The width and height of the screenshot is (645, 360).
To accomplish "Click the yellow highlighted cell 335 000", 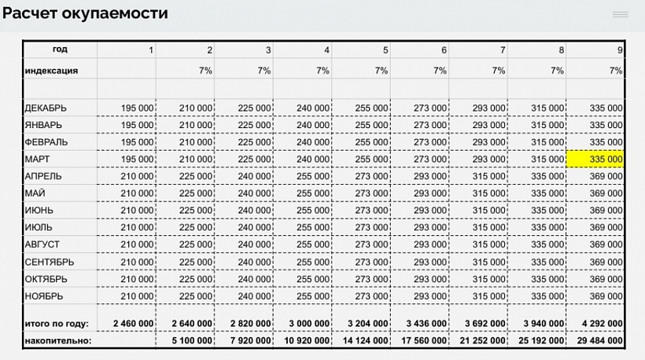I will [x=596, y=159].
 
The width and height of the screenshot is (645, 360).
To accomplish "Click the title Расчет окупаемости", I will [x=85, y=13].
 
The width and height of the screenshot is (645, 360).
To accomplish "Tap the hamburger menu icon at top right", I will [x=620, y=14].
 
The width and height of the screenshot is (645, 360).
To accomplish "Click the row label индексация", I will [x=51, y=70].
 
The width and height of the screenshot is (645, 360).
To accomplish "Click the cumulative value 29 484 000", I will [x=595, y=341].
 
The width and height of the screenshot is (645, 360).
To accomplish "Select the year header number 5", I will [x=385, y=50].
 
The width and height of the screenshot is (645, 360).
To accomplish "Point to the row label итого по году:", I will [x=57, y=323].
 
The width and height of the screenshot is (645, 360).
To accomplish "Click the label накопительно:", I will [x=58, y=341].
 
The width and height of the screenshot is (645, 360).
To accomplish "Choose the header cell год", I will [x=60, y=49].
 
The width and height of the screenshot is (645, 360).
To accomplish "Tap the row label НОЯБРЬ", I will [x=44, y=296].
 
